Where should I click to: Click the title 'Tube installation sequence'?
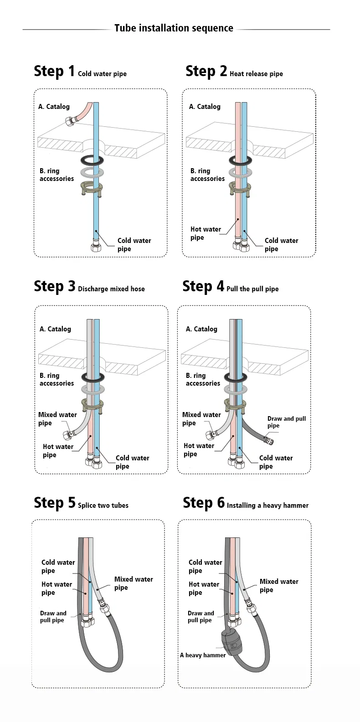tap(174, 28)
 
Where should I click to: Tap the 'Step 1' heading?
tap(54, 71)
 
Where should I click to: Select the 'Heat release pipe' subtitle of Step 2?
tap(256, 74)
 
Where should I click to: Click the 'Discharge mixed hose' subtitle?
tap(111, 289)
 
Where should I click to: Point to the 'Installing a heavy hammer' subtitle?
tap(267, 505)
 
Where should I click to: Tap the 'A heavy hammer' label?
tap(203, 655)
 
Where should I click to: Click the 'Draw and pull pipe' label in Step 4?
tap(287, 422)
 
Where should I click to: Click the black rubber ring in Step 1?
tap(92, 160)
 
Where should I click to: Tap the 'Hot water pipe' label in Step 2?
tap(206, 233)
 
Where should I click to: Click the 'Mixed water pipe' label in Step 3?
tap(57, 419)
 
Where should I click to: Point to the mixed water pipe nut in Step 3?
tap(67, 435)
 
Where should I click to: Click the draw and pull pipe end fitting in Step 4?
tap(269, 440)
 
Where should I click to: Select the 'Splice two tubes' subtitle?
tap(103, 505)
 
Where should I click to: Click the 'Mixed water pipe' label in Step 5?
tap(134, 583)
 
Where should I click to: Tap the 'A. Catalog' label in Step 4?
tap(201, 329)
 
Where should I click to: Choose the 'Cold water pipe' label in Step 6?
tap(206, 566)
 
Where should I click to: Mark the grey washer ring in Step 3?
tap(93, 389)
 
